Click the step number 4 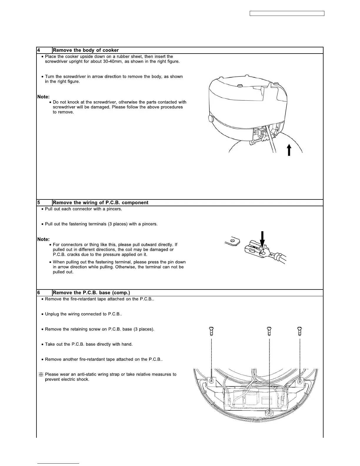39,50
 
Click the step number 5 39,203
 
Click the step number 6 39,293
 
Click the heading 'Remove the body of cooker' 86,50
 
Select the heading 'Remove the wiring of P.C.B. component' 101,203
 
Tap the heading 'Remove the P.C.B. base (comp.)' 91,293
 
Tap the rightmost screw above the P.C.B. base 300,331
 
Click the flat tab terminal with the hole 233,242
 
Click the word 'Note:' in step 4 44,97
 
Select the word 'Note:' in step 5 44,239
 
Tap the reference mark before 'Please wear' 41,375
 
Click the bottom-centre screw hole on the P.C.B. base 269,413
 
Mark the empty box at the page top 287,13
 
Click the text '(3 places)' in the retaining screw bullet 144,329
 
